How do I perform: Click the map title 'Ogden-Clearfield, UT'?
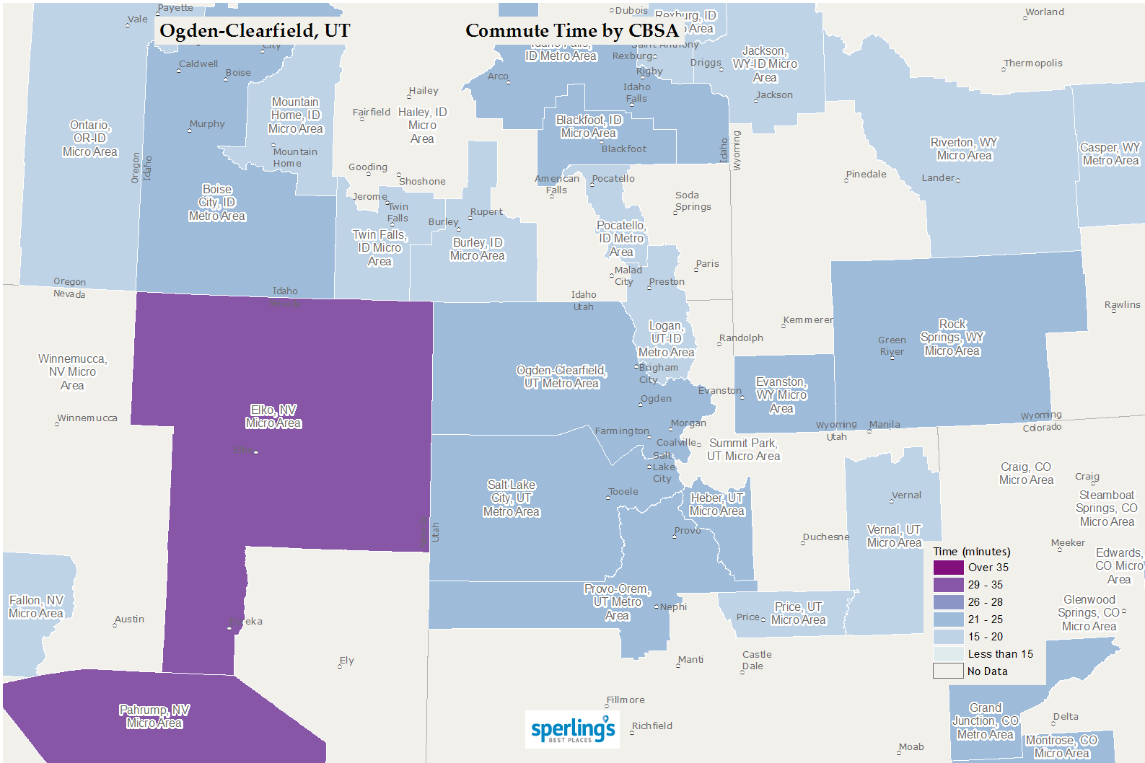(x=254, y=31)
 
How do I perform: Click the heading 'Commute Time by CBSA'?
(x=572, y=31)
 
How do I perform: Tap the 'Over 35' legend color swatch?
(x=948, y=568)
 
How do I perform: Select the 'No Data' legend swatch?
(x=948, y=671)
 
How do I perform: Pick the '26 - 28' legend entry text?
(x=985, y=602)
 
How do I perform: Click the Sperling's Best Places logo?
(x=572, y=729)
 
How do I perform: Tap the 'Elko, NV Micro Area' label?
(x=273, y=417)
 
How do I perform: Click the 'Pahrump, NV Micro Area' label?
(x=154, y=717)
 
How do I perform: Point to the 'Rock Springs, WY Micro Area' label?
(x=952, y=338)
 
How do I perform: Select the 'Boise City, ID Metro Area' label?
(x=217, y=203)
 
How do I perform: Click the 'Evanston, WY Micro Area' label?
(x=781, y=395)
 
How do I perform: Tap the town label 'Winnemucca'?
(x=87, y=418)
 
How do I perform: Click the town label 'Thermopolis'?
(x=1033, y=63)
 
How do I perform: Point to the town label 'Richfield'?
(x=652, y=726)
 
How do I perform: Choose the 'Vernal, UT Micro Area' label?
(x=894, y=537)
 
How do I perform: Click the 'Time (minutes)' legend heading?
(x=971, y=552)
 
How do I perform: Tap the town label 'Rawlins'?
(x=1123, y=305)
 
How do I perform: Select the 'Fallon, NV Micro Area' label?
(x=36, y=607)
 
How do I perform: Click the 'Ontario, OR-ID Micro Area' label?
(x=90, y=138)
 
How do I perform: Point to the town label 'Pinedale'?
(x=867, y=175)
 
